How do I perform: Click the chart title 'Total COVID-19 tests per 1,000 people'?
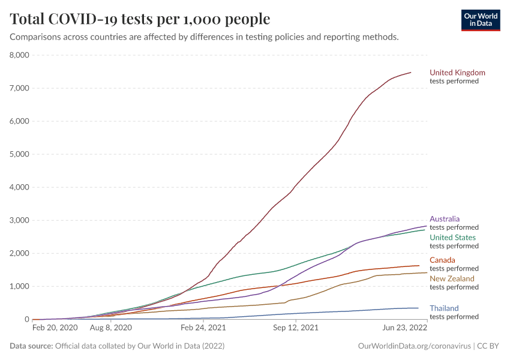[140, 19]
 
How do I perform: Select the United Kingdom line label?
[457, 73]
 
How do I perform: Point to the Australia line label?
[445, 219]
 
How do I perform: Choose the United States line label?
[452, 238]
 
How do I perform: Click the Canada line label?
[442, 260]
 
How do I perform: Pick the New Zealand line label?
[452, 278]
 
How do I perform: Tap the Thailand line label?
[444, 308]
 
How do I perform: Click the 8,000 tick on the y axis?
[19, 55]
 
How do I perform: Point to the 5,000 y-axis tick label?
[19, 154]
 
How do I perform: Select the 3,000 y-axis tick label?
[19, 220]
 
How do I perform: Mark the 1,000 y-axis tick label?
[19, 286]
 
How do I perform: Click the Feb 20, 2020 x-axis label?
[55, 329]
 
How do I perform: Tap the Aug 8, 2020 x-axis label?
[110, 329]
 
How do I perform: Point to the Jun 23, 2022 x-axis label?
[406, 329]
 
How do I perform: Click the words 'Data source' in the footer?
[31, 346]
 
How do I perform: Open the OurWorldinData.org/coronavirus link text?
[413, 346]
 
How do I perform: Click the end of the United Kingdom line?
[411, 73]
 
